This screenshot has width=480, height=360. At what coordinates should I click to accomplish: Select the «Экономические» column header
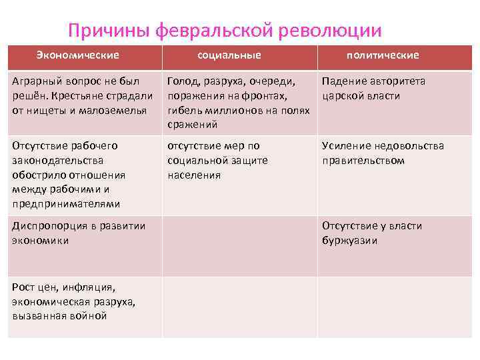[x=77, y=55]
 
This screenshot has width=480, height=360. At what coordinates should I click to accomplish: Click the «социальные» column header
[x=229, y=55]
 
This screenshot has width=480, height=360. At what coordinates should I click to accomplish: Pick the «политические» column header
[x=383, y=55]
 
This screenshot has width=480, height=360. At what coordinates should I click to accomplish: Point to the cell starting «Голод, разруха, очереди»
[x=239, y=103]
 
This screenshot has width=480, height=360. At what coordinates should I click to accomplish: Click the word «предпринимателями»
[x=66, y=204]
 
